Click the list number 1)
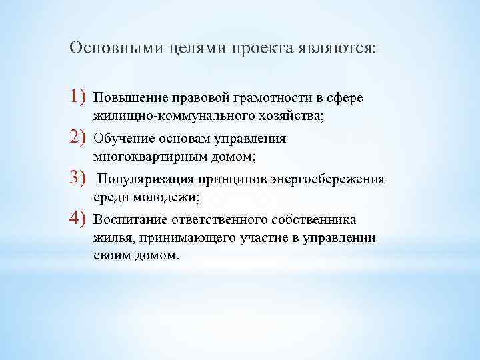pyautogui.click(x=79, y=98)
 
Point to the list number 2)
pyautogui.click(x=79, y=138)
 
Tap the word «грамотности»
pyautogui.click(x=269, y=99)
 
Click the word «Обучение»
pyautogui.click(x=126, y=139)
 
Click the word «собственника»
pyautogui.click(x=317, y=221)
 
